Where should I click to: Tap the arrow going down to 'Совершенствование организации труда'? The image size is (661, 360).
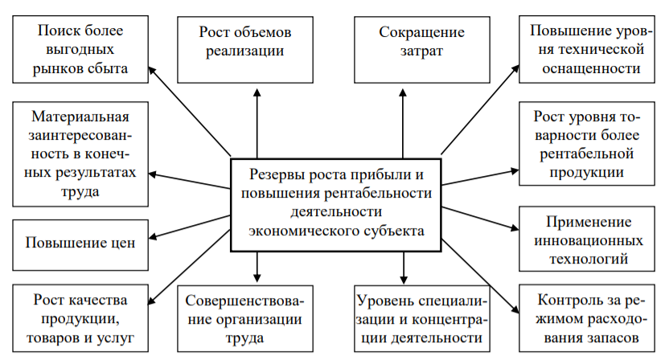coord(257,264)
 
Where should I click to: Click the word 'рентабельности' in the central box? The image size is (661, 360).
coord(378,194)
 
